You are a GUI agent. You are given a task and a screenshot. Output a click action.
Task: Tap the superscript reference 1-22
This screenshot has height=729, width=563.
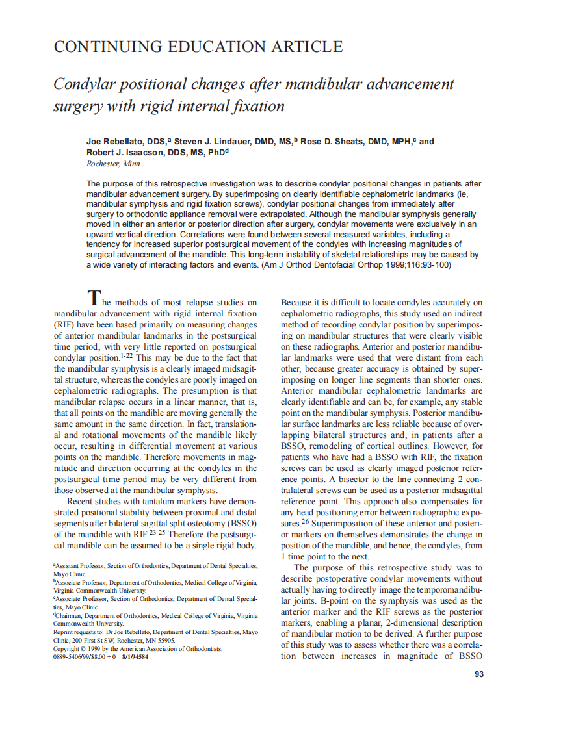point(127,356)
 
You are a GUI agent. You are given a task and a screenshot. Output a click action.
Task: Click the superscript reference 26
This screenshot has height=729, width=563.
point(306,521)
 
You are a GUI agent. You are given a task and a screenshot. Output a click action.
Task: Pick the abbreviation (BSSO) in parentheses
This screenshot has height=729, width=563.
point(243,523)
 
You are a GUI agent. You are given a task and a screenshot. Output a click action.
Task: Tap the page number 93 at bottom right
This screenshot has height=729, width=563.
point(479,674)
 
